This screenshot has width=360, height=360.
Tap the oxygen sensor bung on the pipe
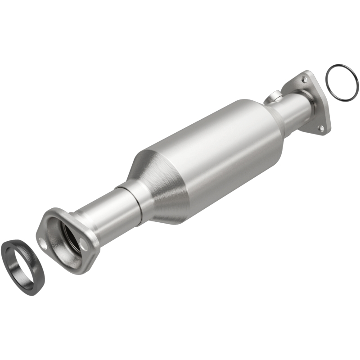click(x=274, y=96)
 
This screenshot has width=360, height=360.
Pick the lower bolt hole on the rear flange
click(x=321, y=128)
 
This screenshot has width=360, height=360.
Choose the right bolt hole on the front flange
click(x=84, y=245)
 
